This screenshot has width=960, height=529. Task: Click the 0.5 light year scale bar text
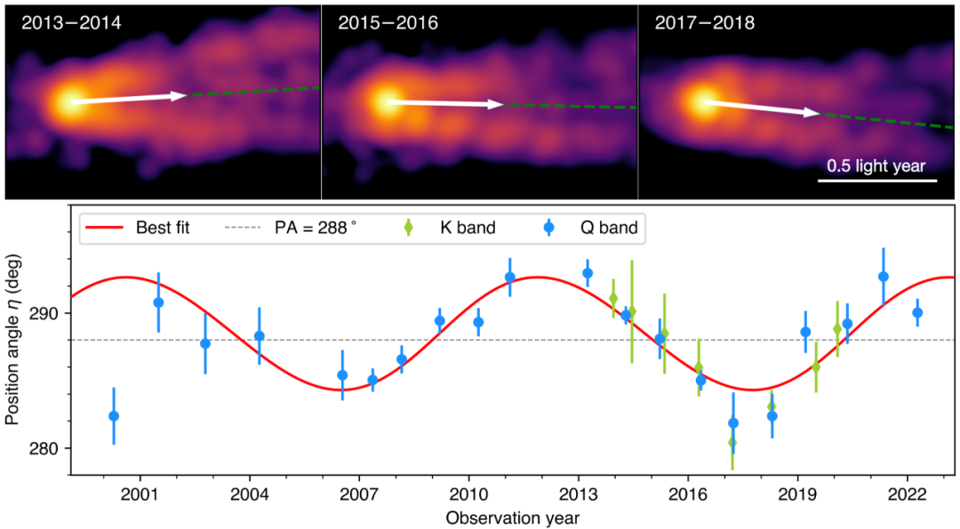[x=876, y=165]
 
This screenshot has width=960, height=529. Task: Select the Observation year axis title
[x=515, y=516]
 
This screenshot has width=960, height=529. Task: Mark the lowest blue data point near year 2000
[x=114, y=416]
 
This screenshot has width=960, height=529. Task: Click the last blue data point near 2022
[x=917, y=312]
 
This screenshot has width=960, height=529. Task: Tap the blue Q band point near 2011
[x=510, y=277]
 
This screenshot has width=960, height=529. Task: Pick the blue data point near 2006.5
[x=342, y=375]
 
